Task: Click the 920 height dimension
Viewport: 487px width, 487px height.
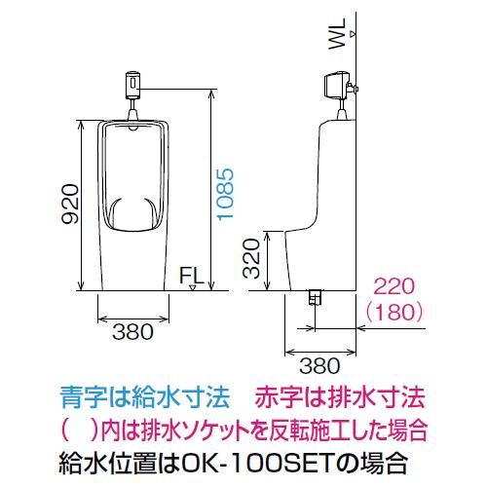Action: pyautogui.click(x=70, y=204)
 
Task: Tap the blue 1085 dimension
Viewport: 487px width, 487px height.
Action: pyautogui.click(x=225, y=195)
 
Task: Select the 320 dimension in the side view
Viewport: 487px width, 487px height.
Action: pyautogui.click(x=251, y=259)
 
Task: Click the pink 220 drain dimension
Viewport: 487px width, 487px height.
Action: pyautogui.click(x=394, y=286)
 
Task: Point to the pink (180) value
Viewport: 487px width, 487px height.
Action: pyautogui.click(x=394, y=312)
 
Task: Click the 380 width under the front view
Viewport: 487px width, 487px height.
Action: pyautogui.click(x=132, y=332)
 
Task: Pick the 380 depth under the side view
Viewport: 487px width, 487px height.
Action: pyautogui.click(x=319, y=366)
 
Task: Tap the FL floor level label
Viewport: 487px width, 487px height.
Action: pyautogui.click(x=191, y=276)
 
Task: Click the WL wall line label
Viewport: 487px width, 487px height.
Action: pyautogui.click(x=337, y=34)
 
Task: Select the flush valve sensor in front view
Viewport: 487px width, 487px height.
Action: pyautogui.click(x=132, y=85)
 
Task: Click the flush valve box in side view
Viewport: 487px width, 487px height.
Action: pyautogui.click(x=336, y=85)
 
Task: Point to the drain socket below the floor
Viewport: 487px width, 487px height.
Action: pyautogui.click(x=315, y=297)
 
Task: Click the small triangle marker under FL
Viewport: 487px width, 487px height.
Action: pyautogui.click(x=192, y=287)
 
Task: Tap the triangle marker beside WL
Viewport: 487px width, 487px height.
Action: pyautogui.click(x=353, y=34)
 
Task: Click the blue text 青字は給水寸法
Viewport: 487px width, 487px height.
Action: pyautogui.click(x=145, y=396)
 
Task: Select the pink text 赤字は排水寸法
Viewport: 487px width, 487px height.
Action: pyautogui.click(x=340, y=396)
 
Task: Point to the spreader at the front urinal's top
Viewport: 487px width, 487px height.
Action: pyautogui.click(x=133, y=127)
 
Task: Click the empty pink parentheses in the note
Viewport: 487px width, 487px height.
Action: pyautogui.click(x=80, y=431)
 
